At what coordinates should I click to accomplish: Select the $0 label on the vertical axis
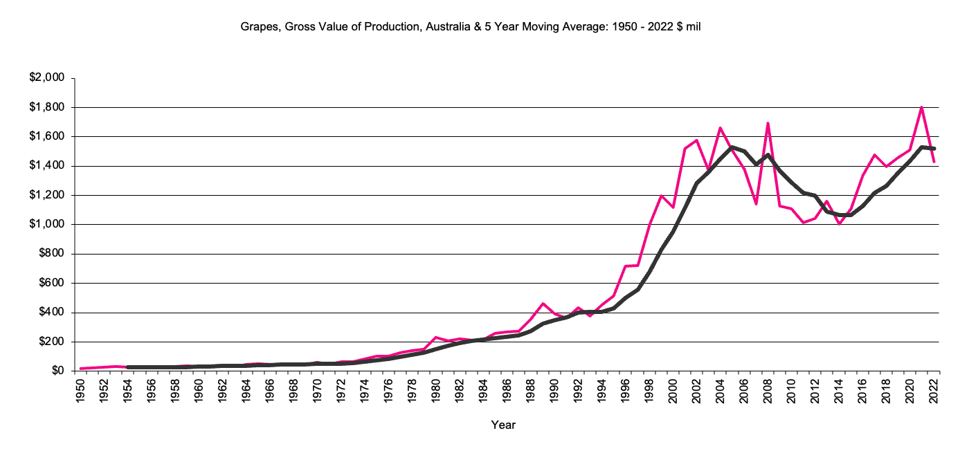click(57, 371)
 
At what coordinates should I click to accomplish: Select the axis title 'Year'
click(503, 425)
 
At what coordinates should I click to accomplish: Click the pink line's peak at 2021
click(922, 107)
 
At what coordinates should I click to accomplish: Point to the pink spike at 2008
click(768, 123)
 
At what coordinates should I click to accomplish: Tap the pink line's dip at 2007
click(757, 204)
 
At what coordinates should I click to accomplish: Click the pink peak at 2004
click(721, 128)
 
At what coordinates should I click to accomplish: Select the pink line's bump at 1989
click(543, 304)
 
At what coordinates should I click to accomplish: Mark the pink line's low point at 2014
click(840, 223)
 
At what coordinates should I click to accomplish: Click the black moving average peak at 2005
click(732, 147)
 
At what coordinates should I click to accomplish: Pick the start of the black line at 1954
click(129, 367)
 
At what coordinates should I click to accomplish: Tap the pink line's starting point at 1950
click(82, 369)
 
